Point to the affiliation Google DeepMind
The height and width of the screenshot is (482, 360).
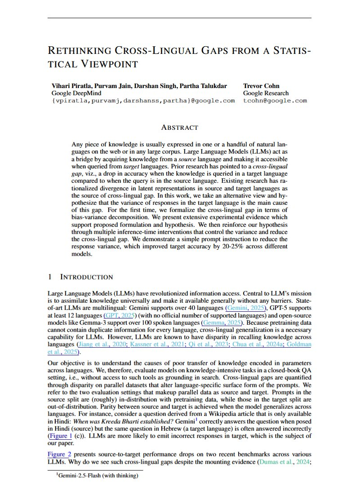point(76,93)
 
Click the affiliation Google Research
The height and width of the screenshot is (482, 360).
point(266,93)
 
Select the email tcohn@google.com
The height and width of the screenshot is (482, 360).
point(275,101)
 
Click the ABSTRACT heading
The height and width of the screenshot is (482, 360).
point(179,128)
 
